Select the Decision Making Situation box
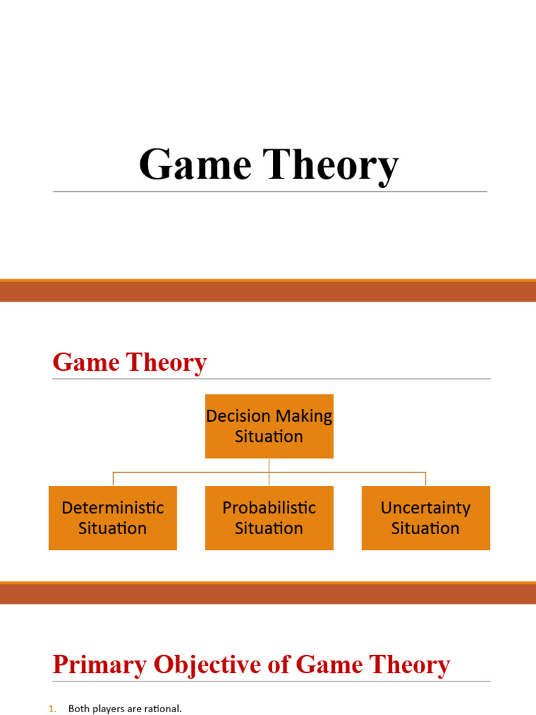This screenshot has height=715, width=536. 269,426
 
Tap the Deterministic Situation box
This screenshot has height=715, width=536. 112,518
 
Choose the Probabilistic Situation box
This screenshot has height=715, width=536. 269,518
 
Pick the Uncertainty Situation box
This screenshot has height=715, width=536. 425,518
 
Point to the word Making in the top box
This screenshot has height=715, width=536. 303,416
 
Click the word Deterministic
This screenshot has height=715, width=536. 112,508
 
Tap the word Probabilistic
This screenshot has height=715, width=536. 269,508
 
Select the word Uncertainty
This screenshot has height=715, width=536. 425,508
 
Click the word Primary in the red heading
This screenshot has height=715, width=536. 97,665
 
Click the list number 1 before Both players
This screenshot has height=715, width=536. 51,709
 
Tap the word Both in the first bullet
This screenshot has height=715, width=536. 79,709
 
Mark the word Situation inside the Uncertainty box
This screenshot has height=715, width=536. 425,529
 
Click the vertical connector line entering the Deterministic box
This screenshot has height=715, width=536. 113,479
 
